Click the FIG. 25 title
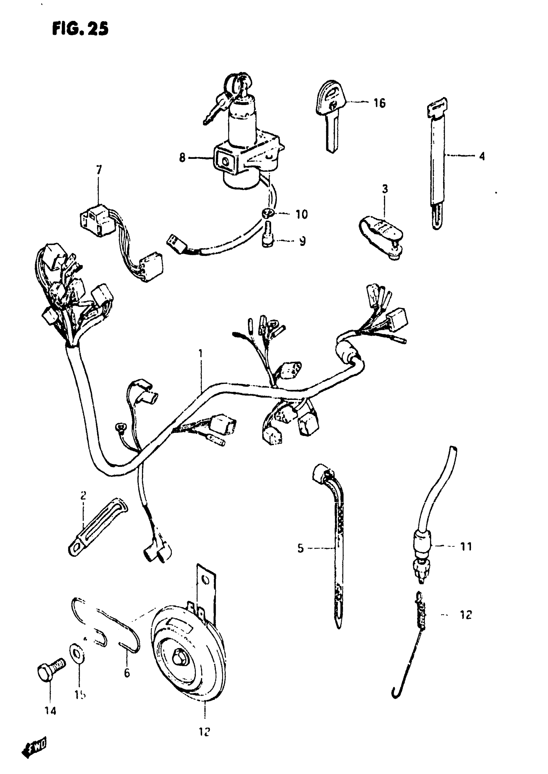80,29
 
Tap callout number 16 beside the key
379,103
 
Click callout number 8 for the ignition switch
182,158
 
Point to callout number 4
482,156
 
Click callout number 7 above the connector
99,169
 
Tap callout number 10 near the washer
301,214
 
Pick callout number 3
385,189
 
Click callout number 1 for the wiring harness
201,353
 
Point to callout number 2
83,495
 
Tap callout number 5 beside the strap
300,548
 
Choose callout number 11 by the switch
466,547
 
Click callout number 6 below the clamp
127,673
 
